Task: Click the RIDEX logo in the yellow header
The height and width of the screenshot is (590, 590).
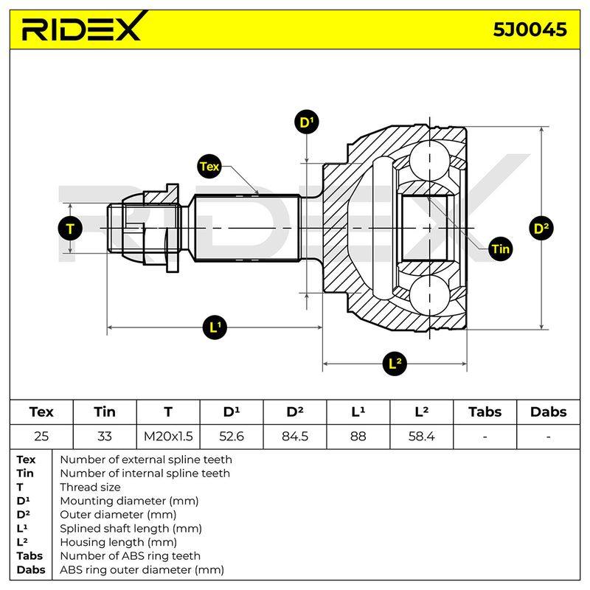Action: tap(83, 27)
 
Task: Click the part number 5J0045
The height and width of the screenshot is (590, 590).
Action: tap(530, 29)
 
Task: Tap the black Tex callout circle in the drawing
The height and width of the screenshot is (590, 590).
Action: tap(209, 167)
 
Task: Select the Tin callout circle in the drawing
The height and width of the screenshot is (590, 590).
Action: tap(500, 249)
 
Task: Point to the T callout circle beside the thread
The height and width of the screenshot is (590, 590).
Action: tap(70, 229)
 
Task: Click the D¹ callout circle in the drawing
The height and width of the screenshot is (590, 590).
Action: tap(307, 122)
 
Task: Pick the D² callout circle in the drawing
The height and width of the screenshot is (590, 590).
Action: tap(541, 228)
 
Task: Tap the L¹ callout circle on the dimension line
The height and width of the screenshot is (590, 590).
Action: tap(215, 327)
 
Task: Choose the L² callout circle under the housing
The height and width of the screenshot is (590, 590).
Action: tap(395, 364)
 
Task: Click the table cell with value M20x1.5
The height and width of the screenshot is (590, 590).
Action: tap(168, 437)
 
